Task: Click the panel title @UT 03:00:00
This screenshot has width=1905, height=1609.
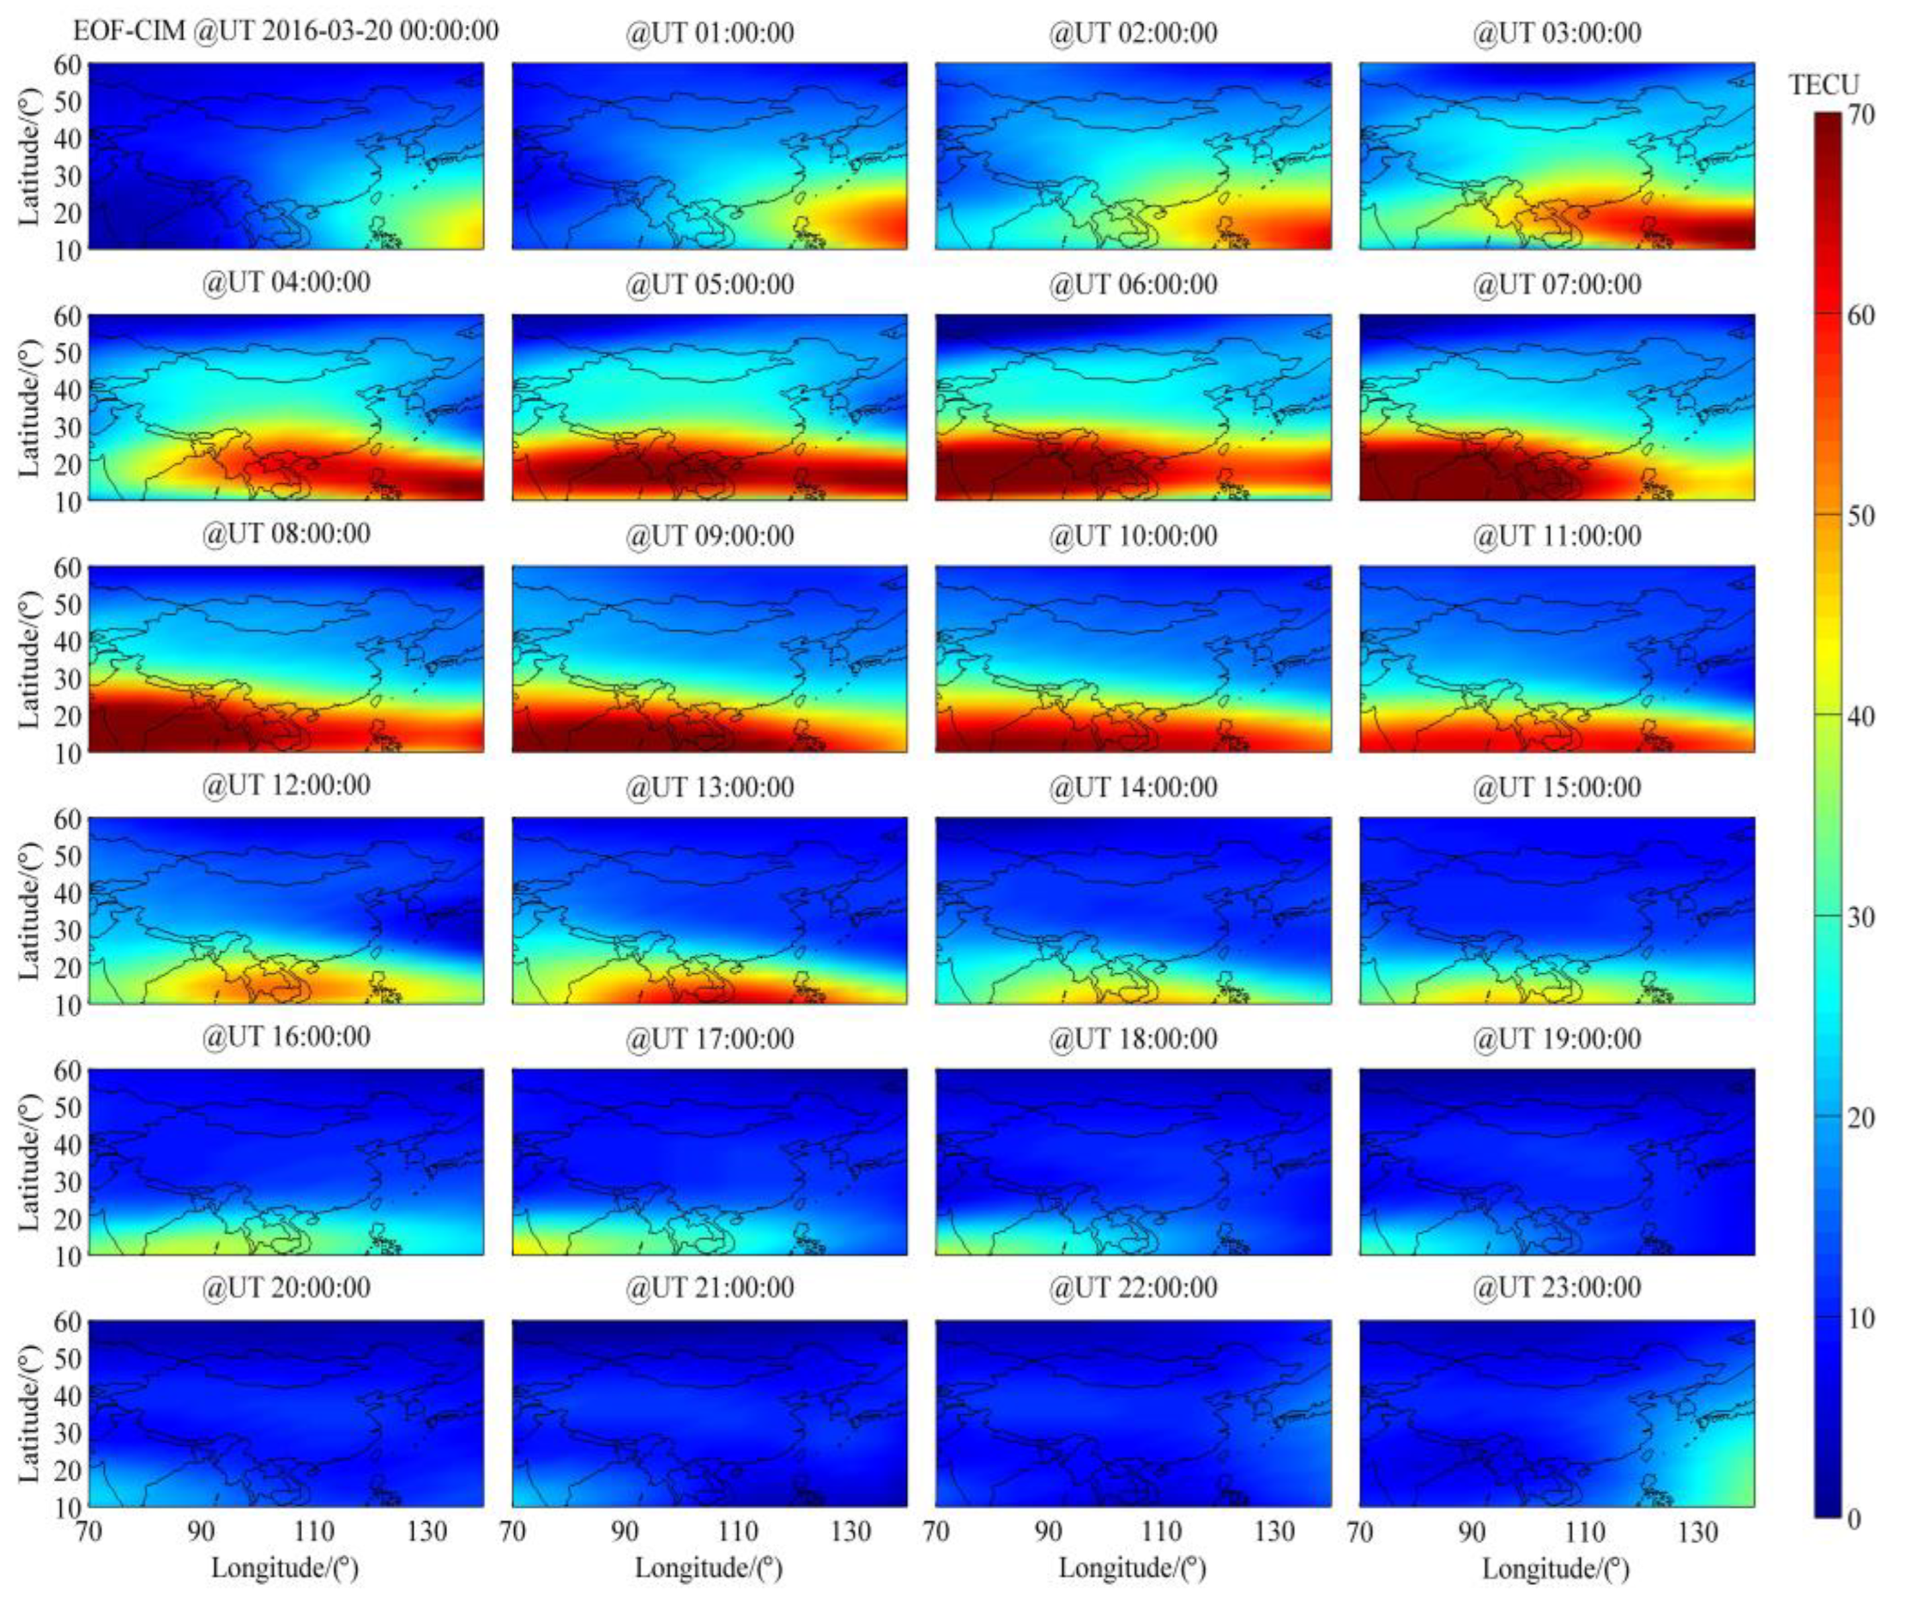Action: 1556,33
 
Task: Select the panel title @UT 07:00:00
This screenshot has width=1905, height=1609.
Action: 1556,285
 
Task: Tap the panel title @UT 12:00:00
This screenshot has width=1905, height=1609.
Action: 287,786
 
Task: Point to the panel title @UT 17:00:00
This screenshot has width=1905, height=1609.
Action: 710,1038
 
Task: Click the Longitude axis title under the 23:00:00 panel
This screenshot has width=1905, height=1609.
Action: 1556,1569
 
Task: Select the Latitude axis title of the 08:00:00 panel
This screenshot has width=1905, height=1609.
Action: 29,659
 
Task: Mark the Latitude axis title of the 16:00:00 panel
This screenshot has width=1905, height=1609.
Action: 29,1162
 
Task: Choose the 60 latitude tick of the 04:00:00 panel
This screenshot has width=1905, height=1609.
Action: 71,317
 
